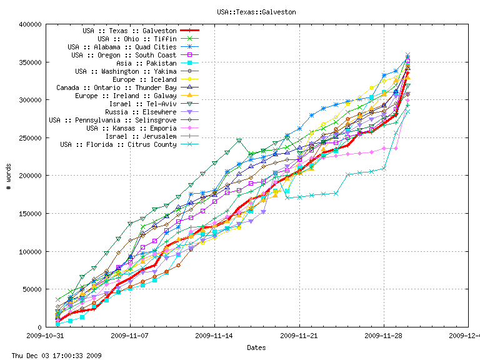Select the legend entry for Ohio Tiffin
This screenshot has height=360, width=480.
click(x=137, y=39)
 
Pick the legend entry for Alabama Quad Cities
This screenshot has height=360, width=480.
click(x=122, y=47)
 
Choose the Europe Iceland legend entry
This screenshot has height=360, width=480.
click(x=144, y=79)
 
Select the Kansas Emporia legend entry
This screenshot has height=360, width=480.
click(x=135, y=128)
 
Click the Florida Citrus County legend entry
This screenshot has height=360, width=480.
click(x=118, y=144)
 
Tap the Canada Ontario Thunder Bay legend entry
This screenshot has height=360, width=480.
click(x=116, y=87)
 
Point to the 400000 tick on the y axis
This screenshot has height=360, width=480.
click(x=31, y=24)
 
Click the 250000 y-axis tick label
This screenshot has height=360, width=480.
click(x=31, y=138)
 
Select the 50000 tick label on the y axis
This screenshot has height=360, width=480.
click(x=32, y=289)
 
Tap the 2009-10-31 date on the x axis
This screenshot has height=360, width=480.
click(x=45, y=336)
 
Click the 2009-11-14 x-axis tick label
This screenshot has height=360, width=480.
click(x=214, y=336)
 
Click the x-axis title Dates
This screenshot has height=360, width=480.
click(x=256, y=347)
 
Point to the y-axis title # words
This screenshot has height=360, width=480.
click(x=9, y=176)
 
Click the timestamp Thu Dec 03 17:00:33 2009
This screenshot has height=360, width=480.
click(x=51, y=356)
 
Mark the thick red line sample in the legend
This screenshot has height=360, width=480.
click(x=189, y=31)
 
